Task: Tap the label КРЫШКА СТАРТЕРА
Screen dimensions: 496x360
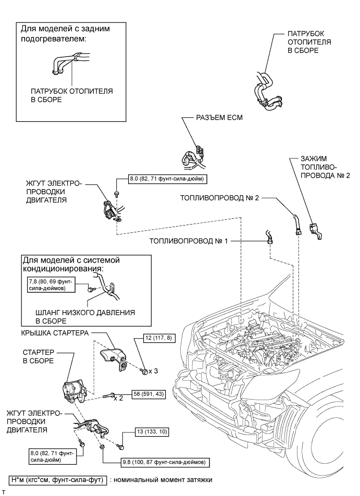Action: click(x=56, y=332)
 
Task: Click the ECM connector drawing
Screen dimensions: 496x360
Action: click(x=195, y=154)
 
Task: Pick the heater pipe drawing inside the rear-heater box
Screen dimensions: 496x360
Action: click(x=66, y=63)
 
